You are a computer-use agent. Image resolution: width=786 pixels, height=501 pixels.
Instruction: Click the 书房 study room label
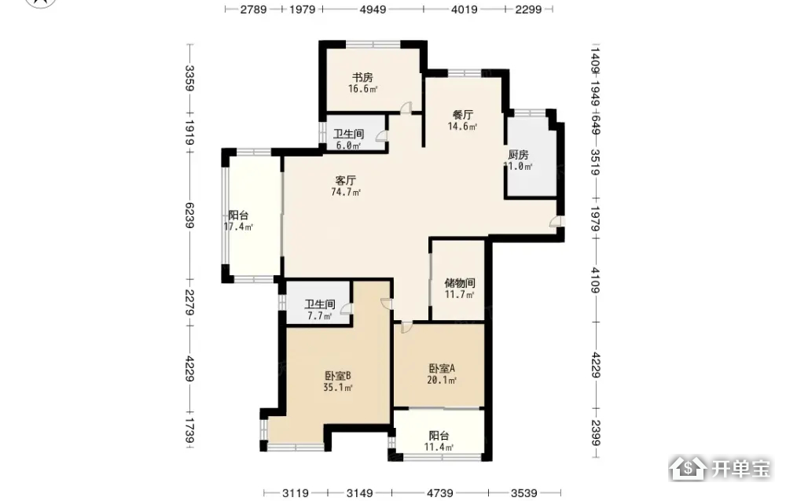tap(362, 77)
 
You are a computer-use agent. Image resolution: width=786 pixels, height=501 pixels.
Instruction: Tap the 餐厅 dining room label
tap(463, 115)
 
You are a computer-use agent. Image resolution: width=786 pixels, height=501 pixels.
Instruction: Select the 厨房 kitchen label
tap(518, 154)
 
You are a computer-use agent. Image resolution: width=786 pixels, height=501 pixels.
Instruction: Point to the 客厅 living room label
tap(345, 180)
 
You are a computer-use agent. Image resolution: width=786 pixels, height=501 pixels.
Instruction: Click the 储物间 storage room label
tap(460, 283)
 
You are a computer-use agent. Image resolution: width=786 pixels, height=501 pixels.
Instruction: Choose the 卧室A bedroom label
tap(442, 369)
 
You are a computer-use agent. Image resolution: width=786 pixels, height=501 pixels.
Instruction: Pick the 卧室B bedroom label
tap(337, 376)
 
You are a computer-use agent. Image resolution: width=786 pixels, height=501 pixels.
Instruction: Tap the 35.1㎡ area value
tap(338, 387)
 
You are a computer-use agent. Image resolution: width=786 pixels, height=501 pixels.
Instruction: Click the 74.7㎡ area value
tap(346, 192)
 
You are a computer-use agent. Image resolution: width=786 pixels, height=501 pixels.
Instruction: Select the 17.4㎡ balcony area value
tap(238, 227)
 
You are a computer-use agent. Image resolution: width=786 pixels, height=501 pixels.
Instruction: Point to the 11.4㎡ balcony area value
tap(439, 447)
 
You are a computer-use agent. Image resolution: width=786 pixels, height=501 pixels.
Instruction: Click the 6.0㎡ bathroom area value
tap(348, 146)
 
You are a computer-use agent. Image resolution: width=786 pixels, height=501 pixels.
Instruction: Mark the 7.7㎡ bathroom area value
tap(320, 316)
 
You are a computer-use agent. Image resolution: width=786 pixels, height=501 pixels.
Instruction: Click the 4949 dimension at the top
tap(373, 9)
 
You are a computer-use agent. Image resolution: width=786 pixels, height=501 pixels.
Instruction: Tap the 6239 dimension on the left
tap(189, 216)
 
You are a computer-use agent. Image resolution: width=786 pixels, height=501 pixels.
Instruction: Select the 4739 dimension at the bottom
tap(439, 493)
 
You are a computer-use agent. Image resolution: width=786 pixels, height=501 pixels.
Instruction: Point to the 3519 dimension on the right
tap(595, 163)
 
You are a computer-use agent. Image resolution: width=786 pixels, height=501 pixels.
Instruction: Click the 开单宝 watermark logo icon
tap(689, 469)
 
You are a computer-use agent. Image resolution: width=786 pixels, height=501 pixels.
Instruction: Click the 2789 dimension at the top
tap(253, 9)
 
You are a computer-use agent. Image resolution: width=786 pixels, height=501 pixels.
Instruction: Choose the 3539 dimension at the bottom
tap(523, 493)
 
